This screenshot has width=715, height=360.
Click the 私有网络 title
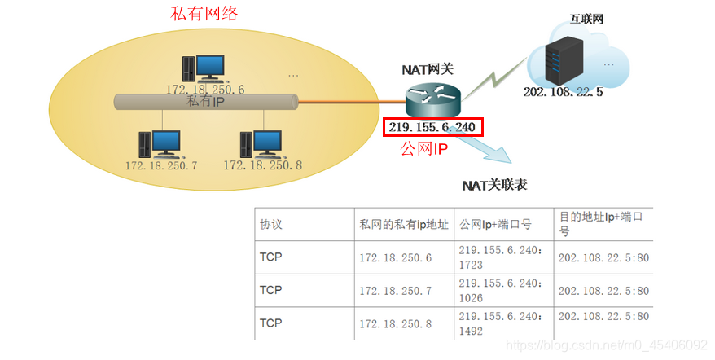[198, 15]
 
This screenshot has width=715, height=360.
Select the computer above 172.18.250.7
[161, 143]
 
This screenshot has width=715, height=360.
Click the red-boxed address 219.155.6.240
[432, 126]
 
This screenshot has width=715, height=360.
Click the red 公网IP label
[425, 149]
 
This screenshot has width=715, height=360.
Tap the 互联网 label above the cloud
[587, 17]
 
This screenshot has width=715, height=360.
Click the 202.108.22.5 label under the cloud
[563, 92]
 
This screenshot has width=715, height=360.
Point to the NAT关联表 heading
[494, 185]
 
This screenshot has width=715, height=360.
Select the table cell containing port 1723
[502, 257]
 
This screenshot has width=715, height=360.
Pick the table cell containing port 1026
[502, 290]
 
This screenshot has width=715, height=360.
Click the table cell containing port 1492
[502, 323]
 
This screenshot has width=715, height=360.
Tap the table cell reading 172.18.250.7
[395, 290]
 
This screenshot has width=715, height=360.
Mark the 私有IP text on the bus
[206, 102]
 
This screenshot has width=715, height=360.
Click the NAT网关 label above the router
[428, 69]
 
